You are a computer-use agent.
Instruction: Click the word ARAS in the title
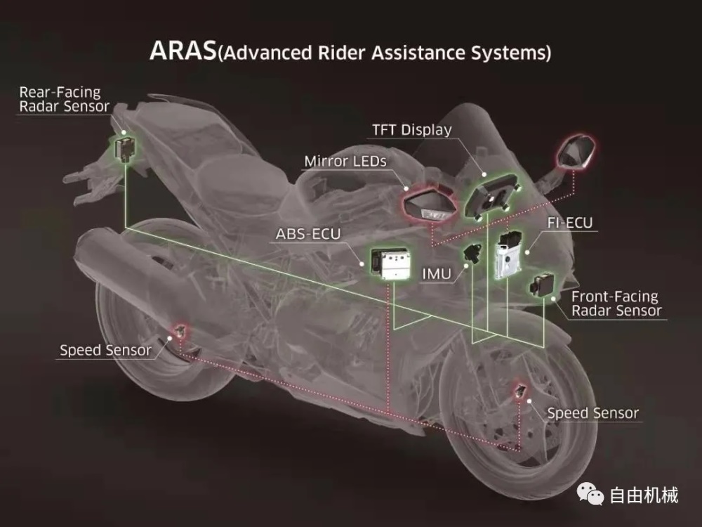(183, 51)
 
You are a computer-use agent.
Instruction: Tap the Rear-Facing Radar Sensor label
(64, 99)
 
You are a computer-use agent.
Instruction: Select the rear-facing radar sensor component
(124, 149)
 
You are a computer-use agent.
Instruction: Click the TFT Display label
(412, 130)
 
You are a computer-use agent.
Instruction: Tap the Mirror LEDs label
(345, 162)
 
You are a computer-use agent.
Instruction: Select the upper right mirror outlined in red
(576, 152)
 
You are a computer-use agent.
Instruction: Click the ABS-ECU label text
(308, 234)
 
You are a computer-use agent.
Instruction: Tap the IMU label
(437, 274)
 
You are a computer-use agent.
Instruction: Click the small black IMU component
(472, 252)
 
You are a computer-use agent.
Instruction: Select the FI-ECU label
(570, 223)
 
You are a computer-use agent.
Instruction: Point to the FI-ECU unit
(508, 254)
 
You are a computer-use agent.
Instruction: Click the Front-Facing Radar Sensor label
(616, 304)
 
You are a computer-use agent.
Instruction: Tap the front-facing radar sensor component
(541, 285)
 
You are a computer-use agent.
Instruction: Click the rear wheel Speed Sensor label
(105, 350)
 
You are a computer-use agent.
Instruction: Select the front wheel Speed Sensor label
(592, 413)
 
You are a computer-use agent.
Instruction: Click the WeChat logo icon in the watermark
(590, 494)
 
